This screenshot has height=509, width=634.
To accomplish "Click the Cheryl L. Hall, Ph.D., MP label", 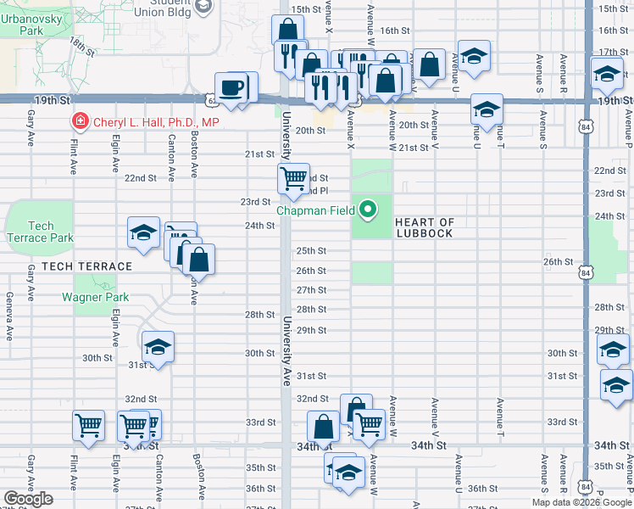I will (x=156, y=123).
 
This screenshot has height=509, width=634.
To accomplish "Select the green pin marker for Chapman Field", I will (x=368, y=208).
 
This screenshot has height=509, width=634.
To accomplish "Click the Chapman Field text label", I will (x=317, y=210).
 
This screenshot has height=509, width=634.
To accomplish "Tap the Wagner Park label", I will (x=95, y=297).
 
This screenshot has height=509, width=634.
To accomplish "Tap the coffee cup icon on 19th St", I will (x=231, y=87).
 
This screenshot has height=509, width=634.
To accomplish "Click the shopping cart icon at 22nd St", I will (x=292, y=179).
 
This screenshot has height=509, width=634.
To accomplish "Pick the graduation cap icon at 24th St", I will (x=143, y=232).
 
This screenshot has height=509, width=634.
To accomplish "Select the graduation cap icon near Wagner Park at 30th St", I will (x=157, y=347).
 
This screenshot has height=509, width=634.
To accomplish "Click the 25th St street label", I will (x=311, y=251).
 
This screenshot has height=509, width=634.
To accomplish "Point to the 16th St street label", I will (x=395, y=31).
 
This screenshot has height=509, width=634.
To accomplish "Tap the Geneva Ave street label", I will (x=9, y=316).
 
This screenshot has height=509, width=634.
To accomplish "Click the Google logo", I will (x=28, y=499).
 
